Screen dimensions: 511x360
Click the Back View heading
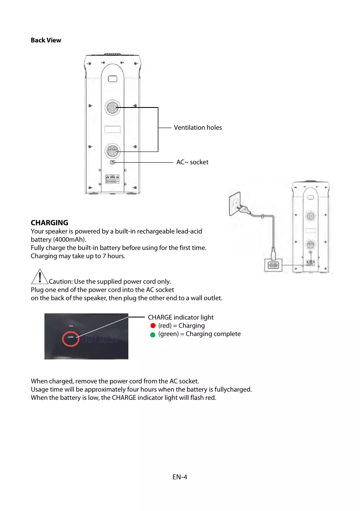46,40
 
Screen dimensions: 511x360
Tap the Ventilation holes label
197,128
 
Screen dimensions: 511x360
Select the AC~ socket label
192,162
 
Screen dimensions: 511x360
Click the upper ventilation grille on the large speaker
112,107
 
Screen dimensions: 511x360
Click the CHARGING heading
49,223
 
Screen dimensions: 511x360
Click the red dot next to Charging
153,326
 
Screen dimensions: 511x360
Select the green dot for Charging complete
153,334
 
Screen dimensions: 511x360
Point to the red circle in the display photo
70,339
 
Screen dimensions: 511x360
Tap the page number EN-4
180,477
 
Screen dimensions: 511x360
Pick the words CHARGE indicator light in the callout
181,317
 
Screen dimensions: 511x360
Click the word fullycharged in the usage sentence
234,390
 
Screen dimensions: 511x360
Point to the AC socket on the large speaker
112,163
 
